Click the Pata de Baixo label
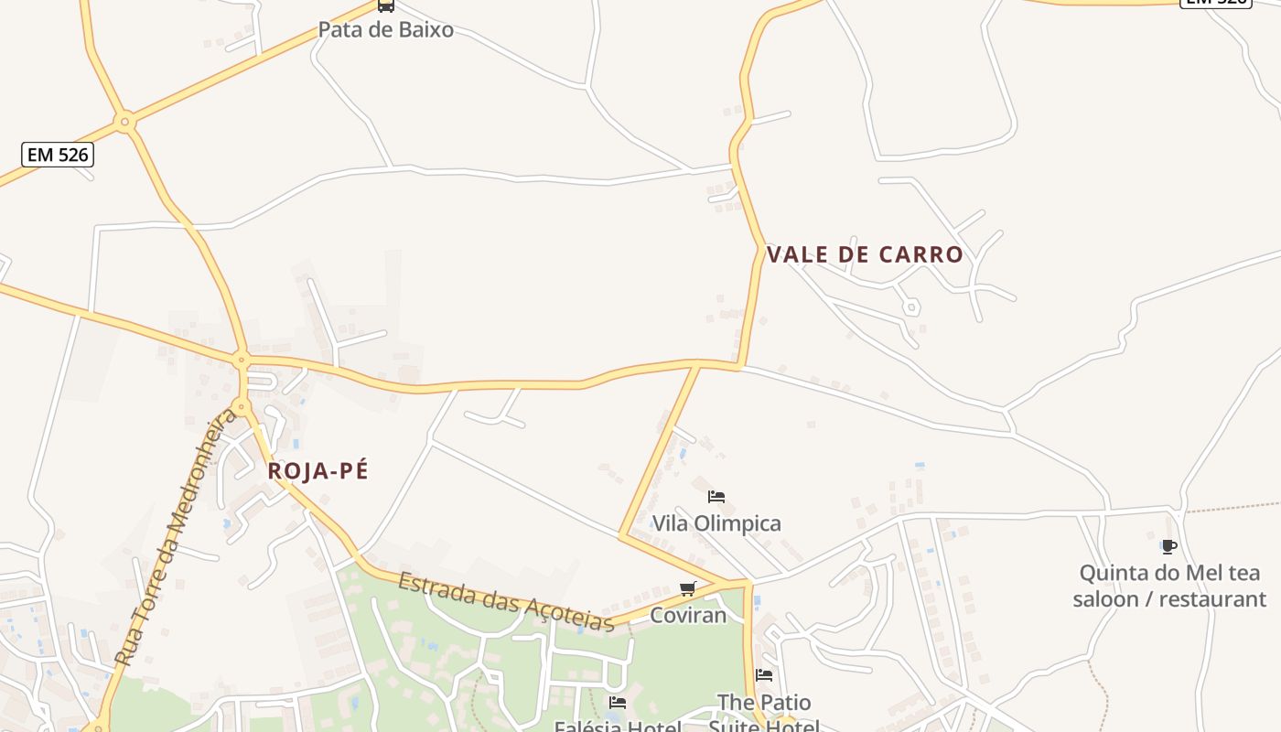coord(385,29)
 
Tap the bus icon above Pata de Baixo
coord(386,5)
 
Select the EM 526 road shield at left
coord(59,155)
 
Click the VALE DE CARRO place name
coord(865,254)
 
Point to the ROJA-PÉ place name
coord(318,471)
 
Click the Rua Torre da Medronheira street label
coord(177,538)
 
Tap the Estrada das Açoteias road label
coord(506,602)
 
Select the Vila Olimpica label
coord(716,523)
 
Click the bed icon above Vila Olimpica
coord(716,497)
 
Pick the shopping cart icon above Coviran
coord(688,588)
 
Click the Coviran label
coord(688,615)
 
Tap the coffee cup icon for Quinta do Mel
coord(1168,547)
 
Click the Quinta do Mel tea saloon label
coord(1169,586)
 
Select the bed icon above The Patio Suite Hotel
coord(764,675)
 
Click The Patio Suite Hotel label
coord(764,715)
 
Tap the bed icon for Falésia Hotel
coord(618,703)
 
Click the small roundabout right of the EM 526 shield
coord(125,120)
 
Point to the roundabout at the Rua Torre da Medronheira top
coord(242,405)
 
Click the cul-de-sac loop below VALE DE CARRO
coord(911,307)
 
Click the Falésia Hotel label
coord(618,727)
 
